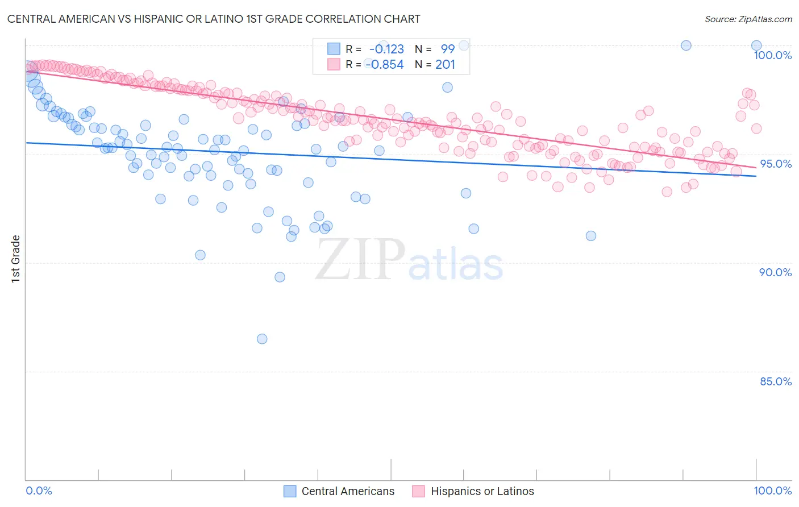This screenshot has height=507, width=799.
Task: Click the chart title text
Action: [214, 19]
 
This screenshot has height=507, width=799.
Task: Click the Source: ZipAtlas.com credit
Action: [748, 19]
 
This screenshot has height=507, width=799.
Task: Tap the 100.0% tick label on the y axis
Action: [772, 55]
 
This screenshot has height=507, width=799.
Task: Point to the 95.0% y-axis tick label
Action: [775, 164]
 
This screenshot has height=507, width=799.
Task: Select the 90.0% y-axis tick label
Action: [775, 272]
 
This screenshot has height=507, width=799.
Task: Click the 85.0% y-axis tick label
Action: [775, 381]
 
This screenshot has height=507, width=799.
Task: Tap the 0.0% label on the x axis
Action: [39, 491]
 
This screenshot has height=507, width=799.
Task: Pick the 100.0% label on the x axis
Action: [772, 491]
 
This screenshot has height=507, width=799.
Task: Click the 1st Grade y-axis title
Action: [16, 259]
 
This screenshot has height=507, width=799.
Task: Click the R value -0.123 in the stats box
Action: [386, 49]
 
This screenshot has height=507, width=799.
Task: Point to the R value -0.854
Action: [385, 64]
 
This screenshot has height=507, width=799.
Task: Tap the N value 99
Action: [448, 49]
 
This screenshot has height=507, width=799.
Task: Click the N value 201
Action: [446, 64]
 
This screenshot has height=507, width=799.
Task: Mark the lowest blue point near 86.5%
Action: [262, 339]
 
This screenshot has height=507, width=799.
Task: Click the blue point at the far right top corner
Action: [756, 45]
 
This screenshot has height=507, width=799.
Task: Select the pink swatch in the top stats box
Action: [334, 64]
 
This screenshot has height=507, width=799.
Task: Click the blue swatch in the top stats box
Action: [334, 49]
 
